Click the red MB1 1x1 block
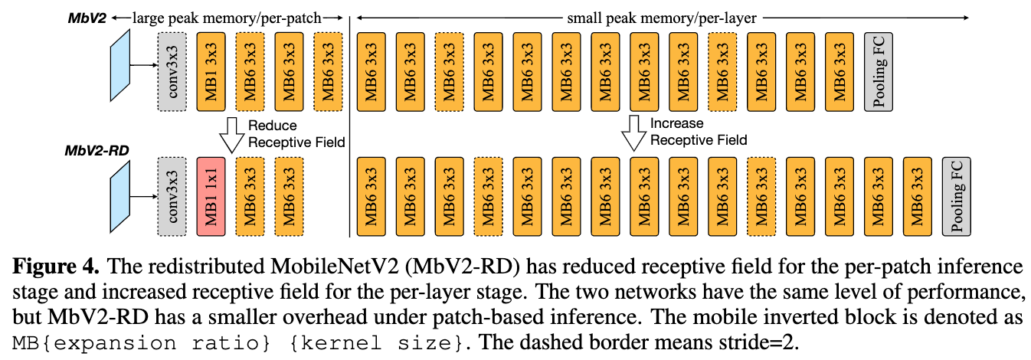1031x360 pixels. click(211, 195)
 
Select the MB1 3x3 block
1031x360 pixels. click(210, 70)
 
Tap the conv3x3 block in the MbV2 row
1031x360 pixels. click(172, 70)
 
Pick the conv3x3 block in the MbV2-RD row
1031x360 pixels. click(172, 195)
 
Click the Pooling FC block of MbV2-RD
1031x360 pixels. click(955, 195)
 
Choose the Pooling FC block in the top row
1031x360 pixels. click(878, 70)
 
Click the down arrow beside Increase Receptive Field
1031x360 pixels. click(633, 133)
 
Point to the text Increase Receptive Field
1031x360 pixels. click(698, 132)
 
